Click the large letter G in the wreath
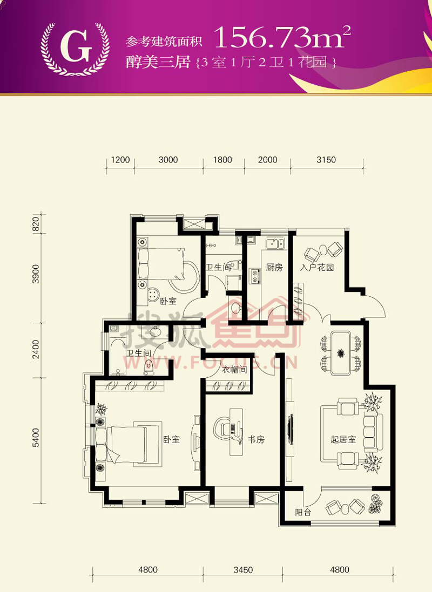tap(76, 46)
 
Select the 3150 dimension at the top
tap(326, 160)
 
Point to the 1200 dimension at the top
tap(120, 160)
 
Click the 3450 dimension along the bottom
tap(242, 570)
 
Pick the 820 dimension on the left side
tap(36, 224)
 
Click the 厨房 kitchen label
tap(274, 267)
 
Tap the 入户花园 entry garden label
tap(317, 267)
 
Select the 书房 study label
tap(256, 439)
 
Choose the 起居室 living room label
tap(343, 439)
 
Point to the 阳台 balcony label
tap(303, 512)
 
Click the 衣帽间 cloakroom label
tap(234, 370)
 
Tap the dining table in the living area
tap(341, 353)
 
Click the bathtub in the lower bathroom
tap(118, 356)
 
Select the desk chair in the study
tap(223, 429)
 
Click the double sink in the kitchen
tap(275, 243)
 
